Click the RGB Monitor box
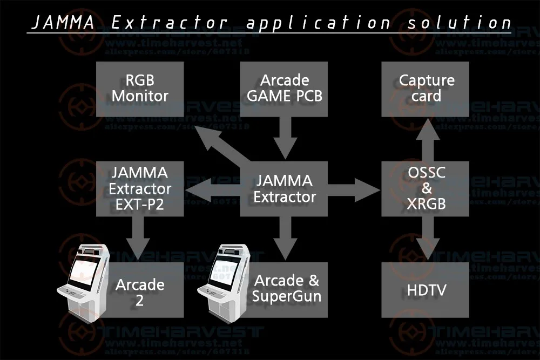coord(140,89)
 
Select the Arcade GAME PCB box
coord(284,89)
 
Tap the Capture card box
coord(426,89)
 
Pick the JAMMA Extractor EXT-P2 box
coord(140,188)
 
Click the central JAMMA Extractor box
coord(284,188)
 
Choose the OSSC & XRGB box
coord(426,188)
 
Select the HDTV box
coord(426,290)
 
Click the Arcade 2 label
coord(139,291)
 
